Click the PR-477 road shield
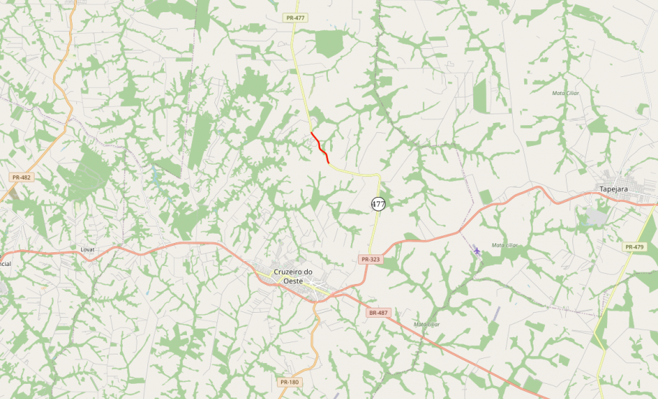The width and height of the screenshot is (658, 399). [294, 17]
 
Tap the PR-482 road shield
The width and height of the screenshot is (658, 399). [22, 177]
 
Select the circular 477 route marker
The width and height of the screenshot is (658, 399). [378, 204]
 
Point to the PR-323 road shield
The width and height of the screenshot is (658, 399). [370, 259]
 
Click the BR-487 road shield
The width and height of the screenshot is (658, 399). [378, 313]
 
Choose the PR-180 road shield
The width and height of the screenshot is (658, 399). [289, 382]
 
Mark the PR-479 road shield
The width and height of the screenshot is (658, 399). [634, 247]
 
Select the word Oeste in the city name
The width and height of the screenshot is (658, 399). [293, 280]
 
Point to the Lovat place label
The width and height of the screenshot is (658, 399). [88, 249]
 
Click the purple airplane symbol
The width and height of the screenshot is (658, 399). [477, 249]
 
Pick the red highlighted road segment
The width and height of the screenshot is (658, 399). [320, 147]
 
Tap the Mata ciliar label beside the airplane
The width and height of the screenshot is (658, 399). [505, 245]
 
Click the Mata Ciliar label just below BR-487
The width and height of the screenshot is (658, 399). [426, 324]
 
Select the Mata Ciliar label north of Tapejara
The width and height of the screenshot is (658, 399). [565, 93]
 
